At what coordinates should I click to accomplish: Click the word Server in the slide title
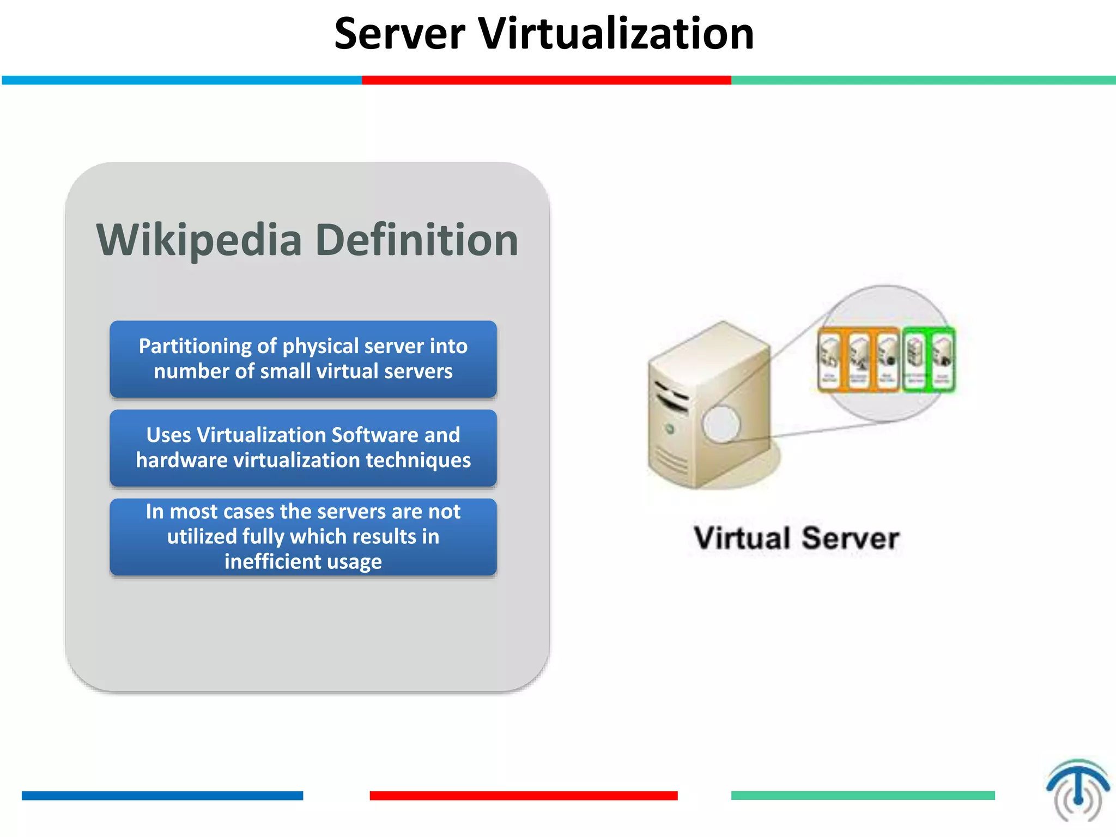tap(399, 34)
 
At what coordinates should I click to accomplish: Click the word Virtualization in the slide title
tap(616, 34)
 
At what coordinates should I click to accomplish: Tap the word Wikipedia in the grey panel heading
tap(199, 240)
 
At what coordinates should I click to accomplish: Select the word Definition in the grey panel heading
tap(417, 240)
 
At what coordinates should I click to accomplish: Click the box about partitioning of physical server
tap(303, 359)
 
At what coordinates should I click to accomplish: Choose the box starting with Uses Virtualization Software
tap(303, 448)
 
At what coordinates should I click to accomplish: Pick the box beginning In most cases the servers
tap(303, 537)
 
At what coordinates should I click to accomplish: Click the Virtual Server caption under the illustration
tap(796, 538)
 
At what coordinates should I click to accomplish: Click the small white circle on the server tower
tap(721, 423)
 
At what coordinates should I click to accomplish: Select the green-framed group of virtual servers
tap(929, 359)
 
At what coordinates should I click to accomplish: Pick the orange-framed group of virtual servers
tap(859, 359)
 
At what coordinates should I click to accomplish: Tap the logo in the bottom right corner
tap(1077, 790)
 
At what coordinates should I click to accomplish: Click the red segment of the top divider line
tap(546, 80)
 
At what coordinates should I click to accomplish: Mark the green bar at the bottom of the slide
tap(863, 796)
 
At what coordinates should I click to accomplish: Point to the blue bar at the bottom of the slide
tap(162, 796)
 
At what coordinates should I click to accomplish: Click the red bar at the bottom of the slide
tap(523, 796)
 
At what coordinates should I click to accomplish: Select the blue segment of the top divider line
tap(182, 80)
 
